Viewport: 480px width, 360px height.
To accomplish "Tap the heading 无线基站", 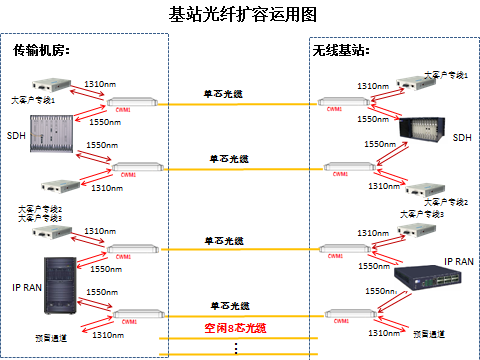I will click(x=342, y=49).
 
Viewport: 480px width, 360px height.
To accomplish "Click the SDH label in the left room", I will click(x=16, y=135).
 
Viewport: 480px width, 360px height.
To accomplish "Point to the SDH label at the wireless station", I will click(x=461, y=137).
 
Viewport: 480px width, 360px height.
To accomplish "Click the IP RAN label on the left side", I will click(x=26, y=287).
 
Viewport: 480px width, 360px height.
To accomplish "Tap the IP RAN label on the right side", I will click(x=459, y=261).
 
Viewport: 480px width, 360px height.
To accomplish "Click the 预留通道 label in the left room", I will click(x=49, y=338).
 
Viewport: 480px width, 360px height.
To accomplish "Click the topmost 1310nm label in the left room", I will click(x=98, y=84).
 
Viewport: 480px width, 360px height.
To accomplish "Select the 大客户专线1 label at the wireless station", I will click(x=444, y=75).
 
